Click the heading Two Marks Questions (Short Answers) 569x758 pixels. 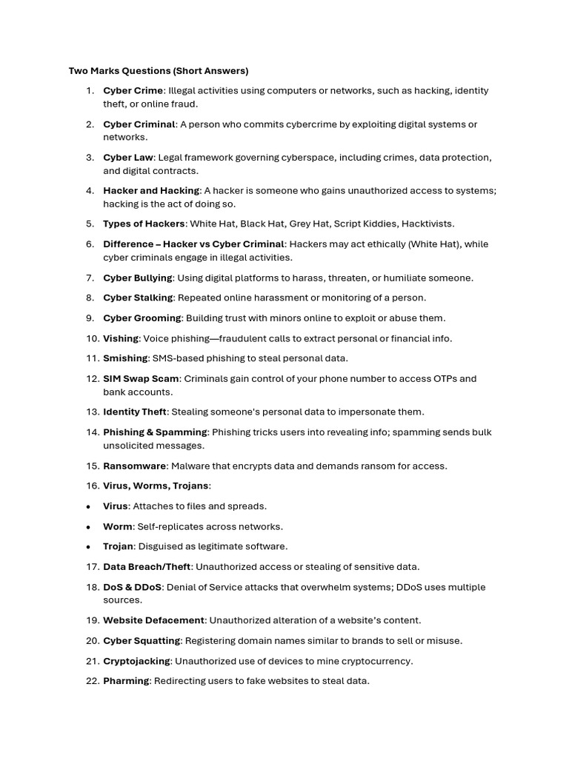tap(159, 71)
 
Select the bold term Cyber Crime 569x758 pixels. tap(133, 90)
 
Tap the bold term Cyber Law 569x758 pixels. tap(128, 158)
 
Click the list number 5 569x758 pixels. tap(90, 224)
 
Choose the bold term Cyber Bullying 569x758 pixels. tap(137, 278)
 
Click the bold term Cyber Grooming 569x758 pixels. tap(142, 318)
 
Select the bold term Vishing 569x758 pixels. tap(121, 338)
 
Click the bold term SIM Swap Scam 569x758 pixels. tap(141, 378)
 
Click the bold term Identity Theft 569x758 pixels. tap(135, 412)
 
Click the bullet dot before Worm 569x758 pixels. tap(89, 526)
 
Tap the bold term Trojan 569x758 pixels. tap(118, 546)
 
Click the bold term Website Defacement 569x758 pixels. tap(153, 620)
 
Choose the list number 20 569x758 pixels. tap(92, 640)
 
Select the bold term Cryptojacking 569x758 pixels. tap(136, 661)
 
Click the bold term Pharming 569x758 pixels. tap(126, 681)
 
